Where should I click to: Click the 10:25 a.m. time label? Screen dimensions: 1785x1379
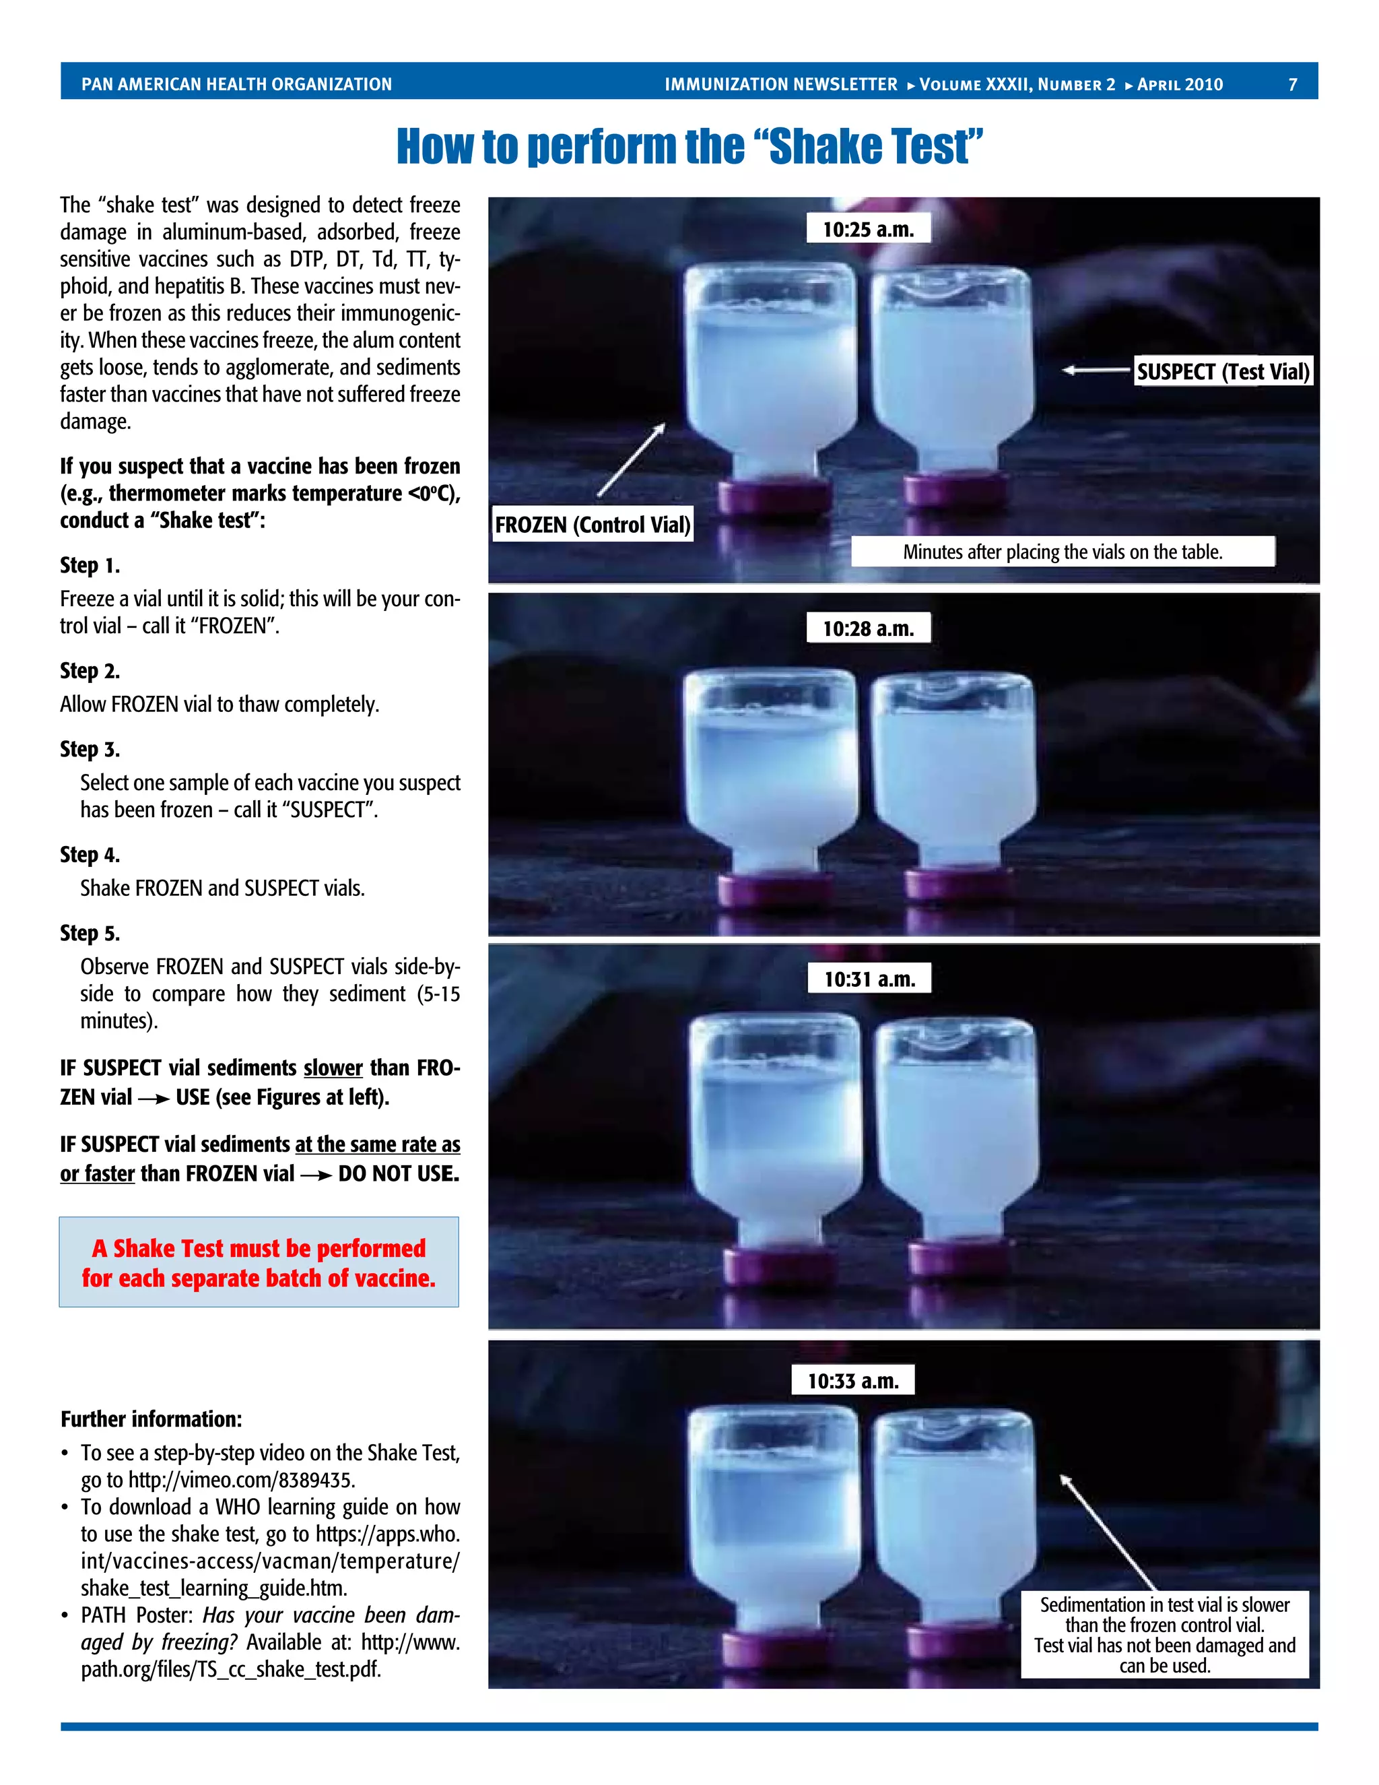[867, 229]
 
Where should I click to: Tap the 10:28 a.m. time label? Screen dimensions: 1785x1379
[867, 628]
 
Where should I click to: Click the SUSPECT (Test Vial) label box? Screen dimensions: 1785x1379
[1223, 372]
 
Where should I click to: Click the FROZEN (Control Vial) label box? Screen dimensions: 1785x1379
[593, 525]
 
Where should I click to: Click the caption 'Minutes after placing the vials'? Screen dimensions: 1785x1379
[1062, 552]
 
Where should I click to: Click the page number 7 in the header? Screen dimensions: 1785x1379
[1292, 84]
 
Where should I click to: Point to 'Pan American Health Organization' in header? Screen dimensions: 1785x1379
[236, 84]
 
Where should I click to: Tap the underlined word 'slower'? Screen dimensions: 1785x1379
[333, 1068]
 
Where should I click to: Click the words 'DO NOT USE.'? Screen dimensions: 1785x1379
[399, 1173]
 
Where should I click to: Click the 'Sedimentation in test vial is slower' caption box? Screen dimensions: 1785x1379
[1164, 1634]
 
